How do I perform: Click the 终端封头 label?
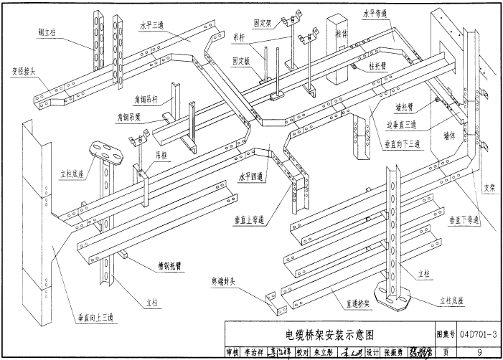coord(225,281)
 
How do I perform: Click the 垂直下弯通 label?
coord(464,219)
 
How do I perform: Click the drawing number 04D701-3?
coord(481,334)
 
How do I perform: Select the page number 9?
coord(479,351)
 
